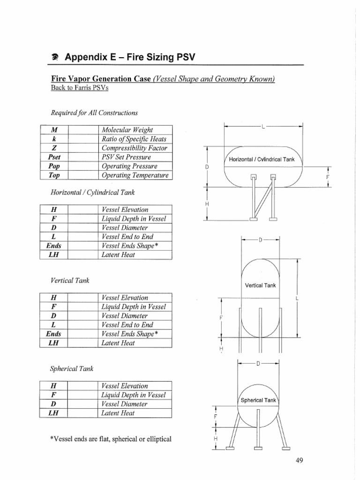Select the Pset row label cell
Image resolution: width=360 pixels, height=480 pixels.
coord(54,157)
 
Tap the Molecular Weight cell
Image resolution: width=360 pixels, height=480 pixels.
coord(127,130)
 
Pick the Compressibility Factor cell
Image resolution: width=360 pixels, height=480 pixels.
coord(134,148)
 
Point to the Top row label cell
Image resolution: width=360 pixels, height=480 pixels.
coord(54,175)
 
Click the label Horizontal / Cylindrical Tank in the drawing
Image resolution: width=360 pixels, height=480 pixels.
coord(262,159)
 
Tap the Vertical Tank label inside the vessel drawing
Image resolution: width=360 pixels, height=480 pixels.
coord(261,285)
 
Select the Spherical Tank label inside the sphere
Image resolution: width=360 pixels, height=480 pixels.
coord(258,400)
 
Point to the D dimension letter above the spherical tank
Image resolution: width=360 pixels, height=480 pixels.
coord(258,364)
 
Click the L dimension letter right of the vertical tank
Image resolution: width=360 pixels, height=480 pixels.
coord(297,298)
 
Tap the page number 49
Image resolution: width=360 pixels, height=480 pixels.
coord(300,460)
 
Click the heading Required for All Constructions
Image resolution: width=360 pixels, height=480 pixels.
coord(94,112)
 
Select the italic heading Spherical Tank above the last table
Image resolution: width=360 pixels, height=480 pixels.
coord(72,369)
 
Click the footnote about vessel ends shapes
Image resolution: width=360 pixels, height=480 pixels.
coord(111,439)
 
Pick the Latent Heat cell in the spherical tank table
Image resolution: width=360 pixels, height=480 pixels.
coord(118,413)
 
